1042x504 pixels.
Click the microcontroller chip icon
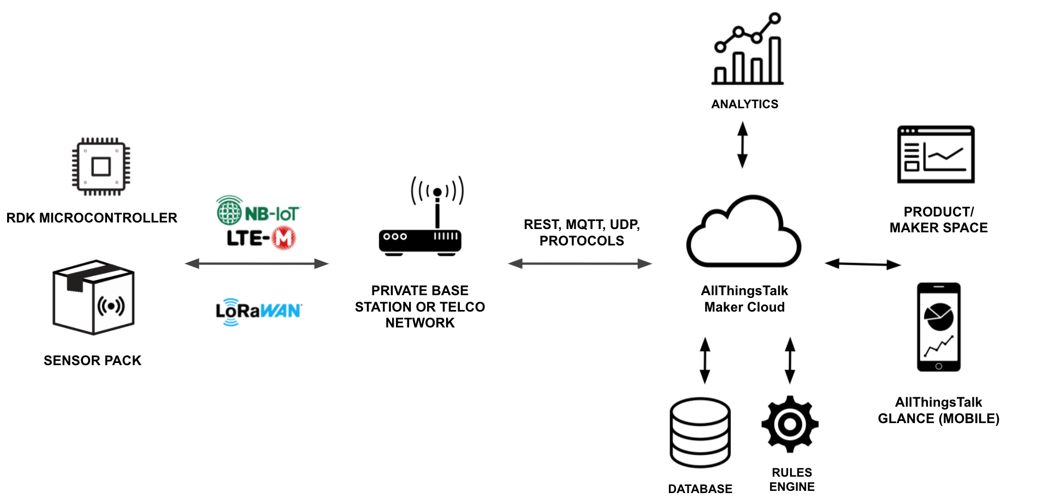coord(101,166)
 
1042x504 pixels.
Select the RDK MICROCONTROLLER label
coord(92,218)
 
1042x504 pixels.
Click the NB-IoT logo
coord(258,211)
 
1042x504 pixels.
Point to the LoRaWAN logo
coord(258,312)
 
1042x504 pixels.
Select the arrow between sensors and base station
coord(257,264)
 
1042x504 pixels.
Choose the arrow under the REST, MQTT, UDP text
coord(580,264)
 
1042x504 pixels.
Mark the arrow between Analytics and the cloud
coord(742,145)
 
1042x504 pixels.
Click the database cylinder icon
coord(700,432)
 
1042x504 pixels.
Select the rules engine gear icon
coord(790,424)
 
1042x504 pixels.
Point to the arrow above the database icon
coord(705,360)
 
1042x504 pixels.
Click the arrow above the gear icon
coord(790,360)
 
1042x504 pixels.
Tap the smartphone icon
coord(938,327)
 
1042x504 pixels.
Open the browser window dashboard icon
coord(936,155)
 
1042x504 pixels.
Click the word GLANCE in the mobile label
coord(906,419)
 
